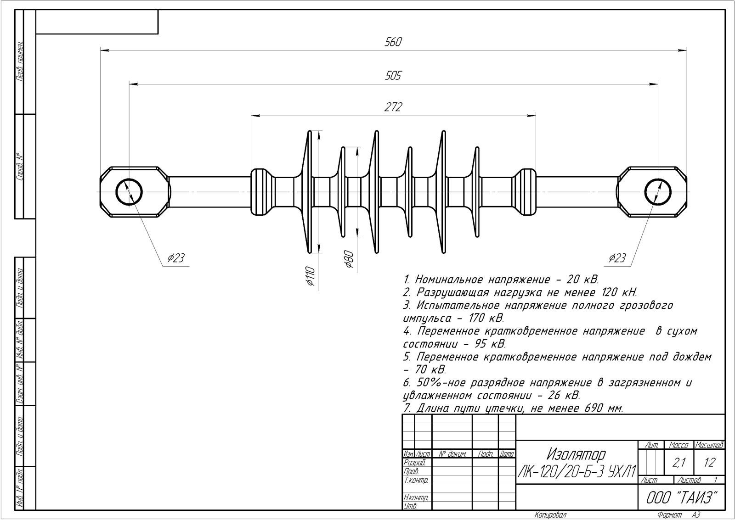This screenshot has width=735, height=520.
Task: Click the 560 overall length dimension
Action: pyautogui.click(x=393, y=42)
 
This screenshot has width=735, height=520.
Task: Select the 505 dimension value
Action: pyautogui.click(x=393, y=76)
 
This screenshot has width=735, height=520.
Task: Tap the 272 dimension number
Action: pyautogui.click(x=393, y=107)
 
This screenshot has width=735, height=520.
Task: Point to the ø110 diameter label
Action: pyautogui.click(x=311, y=276)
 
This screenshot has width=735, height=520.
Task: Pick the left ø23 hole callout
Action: pyautogui.click(x=176, y=258)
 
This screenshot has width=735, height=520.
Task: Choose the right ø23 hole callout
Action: pyautogui.click(x=617, y=258)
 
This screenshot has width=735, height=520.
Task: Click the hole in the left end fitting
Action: pyautogui.click(x=129, y=179)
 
